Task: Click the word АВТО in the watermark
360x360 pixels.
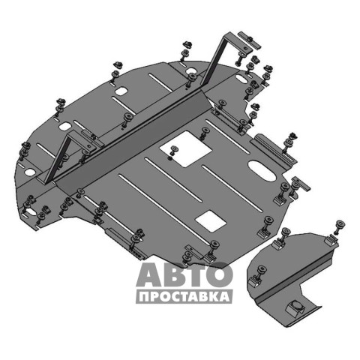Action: click(184, 274)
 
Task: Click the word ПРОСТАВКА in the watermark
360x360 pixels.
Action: click(184, 297)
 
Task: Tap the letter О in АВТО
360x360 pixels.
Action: click(219, 274)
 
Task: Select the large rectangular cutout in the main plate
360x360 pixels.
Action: click(185, 149)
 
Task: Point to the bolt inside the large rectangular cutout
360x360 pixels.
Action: click(173, 152)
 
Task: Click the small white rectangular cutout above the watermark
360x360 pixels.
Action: click(211, 220)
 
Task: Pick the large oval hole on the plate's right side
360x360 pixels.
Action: click(262, 171)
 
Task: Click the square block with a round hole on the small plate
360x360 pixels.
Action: click(295, 307)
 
